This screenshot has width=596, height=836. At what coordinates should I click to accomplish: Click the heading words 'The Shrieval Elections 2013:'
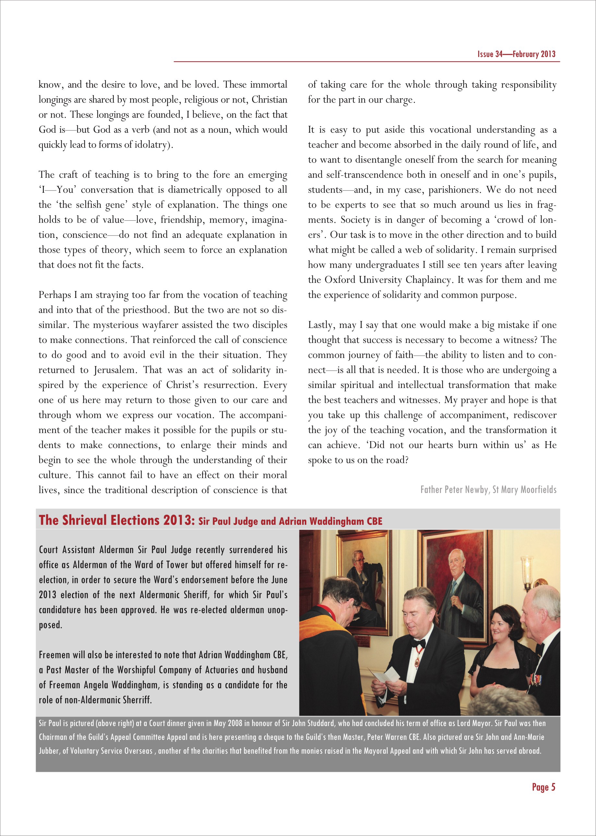(x=117, y=520)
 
